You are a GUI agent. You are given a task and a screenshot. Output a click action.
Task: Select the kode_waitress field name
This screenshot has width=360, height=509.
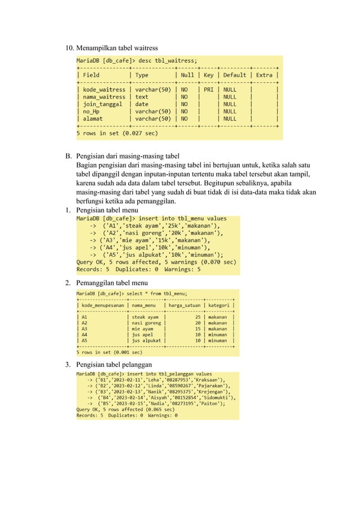pyautogui.click(x=104, y=89)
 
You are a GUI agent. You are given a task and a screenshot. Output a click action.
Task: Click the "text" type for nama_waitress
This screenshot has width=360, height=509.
pyautogui.click(x=142, y=96)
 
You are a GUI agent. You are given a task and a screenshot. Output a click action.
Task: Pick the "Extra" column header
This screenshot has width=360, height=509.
pyautogui.click(x=265, y=74)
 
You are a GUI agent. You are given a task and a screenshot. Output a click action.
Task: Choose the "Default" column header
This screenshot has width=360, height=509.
pyautogui.click(x=234, y=74)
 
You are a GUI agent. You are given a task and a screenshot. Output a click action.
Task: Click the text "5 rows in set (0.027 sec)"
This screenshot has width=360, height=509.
pyautogui.click(x=117, y=133)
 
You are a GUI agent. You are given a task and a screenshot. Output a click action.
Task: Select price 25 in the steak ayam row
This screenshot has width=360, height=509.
pyautogui.click(x=198, y=317)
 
